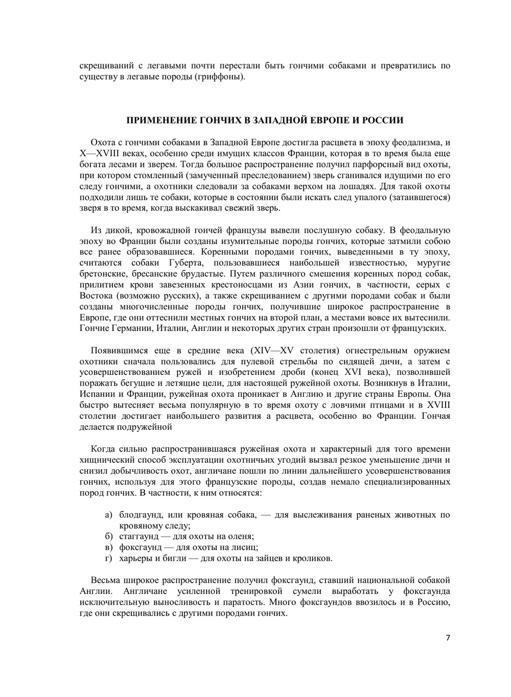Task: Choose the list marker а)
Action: point(108,515)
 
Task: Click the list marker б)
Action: point(108,536)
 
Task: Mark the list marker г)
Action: point(108,558)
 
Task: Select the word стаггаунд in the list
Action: point(139,536)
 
